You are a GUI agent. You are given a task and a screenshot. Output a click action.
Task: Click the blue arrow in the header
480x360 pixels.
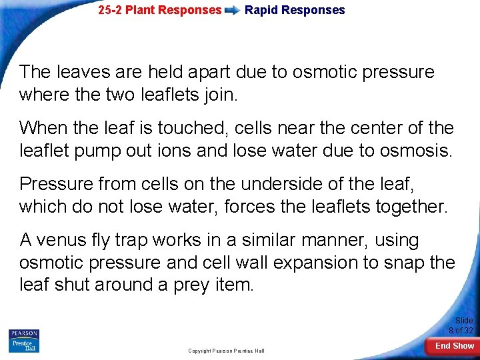pyautogui.click(x=233, y=11)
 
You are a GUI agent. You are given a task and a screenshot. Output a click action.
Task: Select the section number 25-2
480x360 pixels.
pyautogui.click(x=111, y=10)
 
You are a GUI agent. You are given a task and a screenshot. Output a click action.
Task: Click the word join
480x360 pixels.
pyautogui.click(x=217, y=95)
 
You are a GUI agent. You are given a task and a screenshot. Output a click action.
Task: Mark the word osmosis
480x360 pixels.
pyautogui.click(x=415, y=151)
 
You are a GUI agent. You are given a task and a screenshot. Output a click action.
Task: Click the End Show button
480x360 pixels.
pyautogui.click(x=455, y=346)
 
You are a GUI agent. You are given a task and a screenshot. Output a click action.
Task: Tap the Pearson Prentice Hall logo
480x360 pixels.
pyautogui.click(x=24, y=341)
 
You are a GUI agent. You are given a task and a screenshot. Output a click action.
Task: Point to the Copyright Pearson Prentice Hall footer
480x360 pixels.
pyautogui.click(x=226, y=351)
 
